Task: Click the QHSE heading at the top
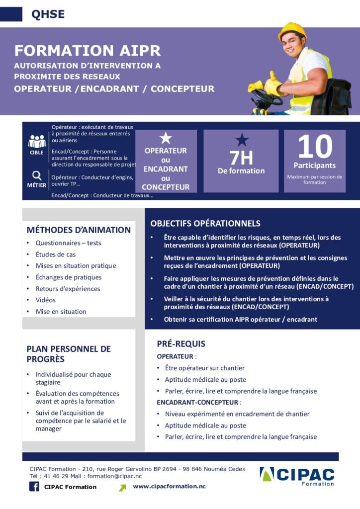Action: coord(48,14)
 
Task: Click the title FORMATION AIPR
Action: coord(88,51)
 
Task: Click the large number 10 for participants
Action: coord(315,147)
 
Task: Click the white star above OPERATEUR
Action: coord(166,139)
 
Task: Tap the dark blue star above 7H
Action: coord(241,140)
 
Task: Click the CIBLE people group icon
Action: coord(37,141)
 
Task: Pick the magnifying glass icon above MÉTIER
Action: coord(37,175)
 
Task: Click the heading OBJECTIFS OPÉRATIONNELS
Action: coord(205,224)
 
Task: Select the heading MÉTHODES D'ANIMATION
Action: coord(79,230)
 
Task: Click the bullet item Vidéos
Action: coord(45,300)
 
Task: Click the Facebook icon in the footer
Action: coord(34,487)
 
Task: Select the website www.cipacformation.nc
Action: coord(169,486)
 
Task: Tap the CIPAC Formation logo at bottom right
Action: coord(297,476)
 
